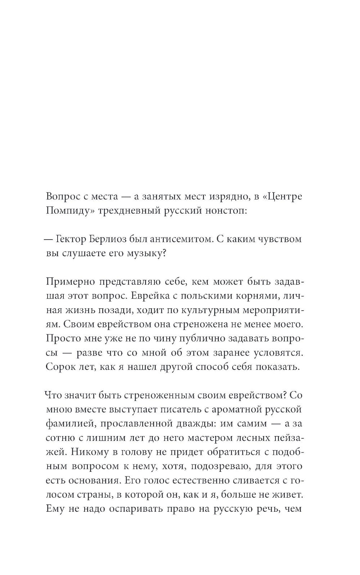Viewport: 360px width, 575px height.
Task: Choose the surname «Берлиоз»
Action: pyautogui.click(x=106, y=239)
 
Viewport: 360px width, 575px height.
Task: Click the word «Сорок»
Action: pyautogui.click(x=59, y=367)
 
